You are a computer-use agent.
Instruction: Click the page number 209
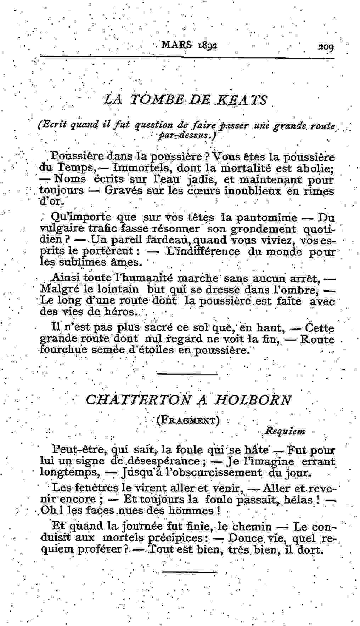point(326,47)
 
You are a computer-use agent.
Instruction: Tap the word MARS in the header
point(176,45)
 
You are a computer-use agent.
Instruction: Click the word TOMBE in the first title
point(155,100)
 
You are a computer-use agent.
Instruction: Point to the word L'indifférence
point(203,252)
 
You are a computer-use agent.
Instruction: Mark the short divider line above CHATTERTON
point(187,374)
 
